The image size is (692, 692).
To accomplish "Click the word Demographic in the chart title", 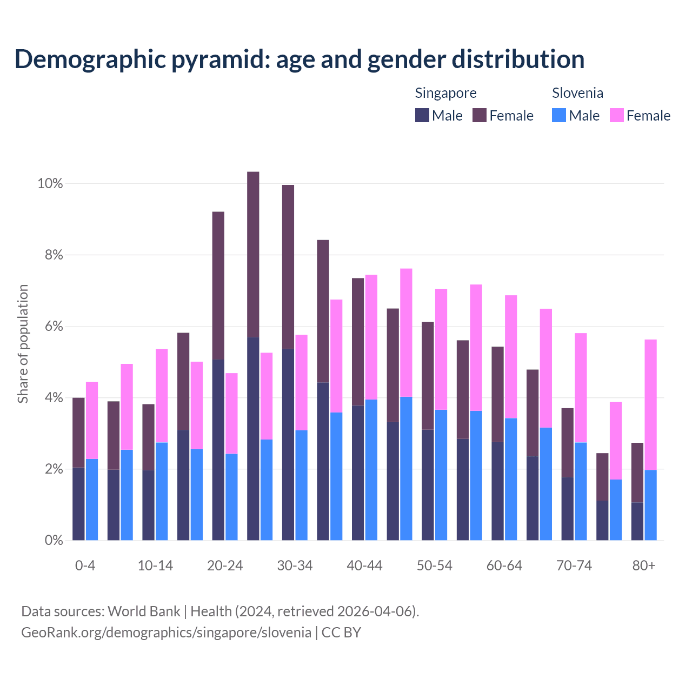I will (x=89, y=59).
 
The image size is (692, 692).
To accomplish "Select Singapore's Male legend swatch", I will (x=422, y=115).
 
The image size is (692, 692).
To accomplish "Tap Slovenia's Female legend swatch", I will (x=616, y=115).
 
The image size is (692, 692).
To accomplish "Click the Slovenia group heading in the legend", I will (x=577, y=93).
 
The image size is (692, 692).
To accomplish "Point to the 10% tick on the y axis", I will (x=50, y=184).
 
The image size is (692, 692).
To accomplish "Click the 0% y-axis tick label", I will (x=53, y=540).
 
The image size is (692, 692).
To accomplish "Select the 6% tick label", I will (x=53, y=327).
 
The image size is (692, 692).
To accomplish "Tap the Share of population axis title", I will (x=23, y=344).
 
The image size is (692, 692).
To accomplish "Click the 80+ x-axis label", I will (x=644, y=565).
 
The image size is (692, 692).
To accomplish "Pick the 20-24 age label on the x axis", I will (x=225, y=565).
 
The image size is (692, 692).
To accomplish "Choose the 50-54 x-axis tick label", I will (x=435, y=565).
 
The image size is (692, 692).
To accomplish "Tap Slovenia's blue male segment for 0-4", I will (x=92, y=500).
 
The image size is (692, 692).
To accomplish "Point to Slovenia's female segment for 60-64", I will (x=511, y=357).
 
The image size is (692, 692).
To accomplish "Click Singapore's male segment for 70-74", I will (x=567, y=509).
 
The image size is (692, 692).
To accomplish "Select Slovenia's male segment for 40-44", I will (x=371, y=470).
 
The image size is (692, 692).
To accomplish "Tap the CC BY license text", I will (x=341, y=633).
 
